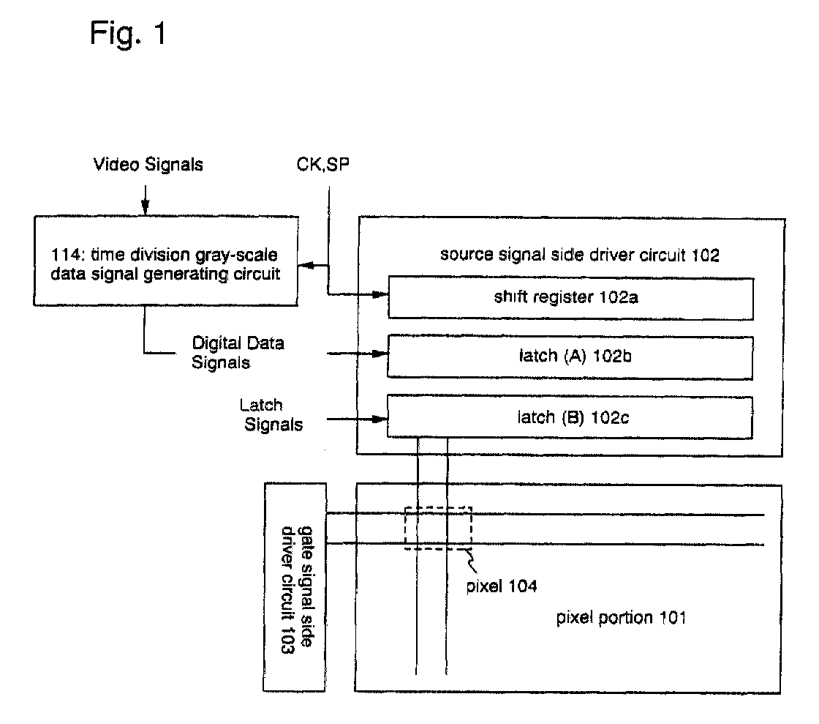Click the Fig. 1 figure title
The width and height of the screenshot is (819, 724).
click(x=128, y=34)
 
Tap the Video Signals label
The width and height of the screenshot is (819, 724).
click(x=148, y=165)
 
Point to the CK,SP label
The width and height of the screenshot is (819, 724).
click(x=322, y=164)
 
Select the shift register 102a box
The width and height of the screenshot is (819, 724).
click(x=570, y=298)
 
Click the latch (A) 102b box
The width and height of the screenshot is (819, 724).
click(x=570, y=357)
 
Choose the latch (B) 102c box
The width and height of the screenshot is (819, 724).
click(x=570, y=417)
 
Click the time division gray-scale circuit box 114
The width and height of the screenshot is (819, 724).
click(x=166, y=261)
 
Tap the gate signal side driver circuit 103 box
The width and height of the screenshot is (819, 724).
click(x=295, y=587)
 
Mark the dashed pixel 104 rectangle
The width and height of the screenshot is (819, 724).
click(x=438, y=507)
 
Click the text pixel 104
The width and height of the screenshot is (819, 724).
click(x=502, y=586)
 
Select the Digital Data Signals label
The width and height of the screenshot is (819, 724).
click(x=238, y=353)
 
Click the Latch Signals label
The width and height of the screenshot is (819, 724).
click(x=271, y=414)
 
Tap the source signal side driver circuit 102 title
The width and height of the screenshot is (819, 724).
click(x=580, y=255)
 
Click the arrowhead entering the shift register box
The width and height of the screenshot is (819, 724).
click(x=380, y=295)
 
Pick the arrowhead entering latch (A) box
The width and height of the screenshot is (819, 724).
click(x=380, y=354)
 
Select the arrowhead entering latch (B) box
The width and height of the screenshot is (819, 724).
click(x=380, y=419)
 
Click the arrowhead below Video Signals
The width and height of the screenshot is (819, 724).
click(x=146, y=207)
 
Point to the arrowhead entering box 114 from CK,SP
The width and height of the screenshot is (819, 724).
click(x=306, y=266)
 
